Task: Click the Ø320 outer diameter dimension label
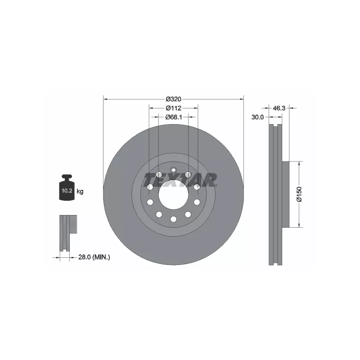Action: tap(173, 99)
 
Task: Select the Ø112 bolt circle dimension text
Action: tap(173, 108)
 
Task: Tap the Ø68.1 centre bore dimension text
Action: tap(173, 117)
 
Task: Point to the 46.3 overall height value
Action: tap(279, 108)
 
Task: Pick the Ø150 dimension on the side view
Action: tap(297, 194)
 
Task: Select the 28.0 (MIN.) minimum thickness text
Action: tap(94, 257)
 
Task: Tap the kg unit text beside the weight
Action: tap(80, 192)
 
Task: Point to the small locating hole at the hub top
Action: tap(173, 170)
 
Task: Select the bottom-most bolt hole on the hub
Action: tap(173, 219)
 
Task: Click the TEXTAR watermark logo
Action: tap(180, 180)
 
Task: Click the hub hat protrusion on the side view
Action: tap(285, 194)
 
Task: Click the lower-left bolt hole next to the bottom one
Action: tap(159, 215)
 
